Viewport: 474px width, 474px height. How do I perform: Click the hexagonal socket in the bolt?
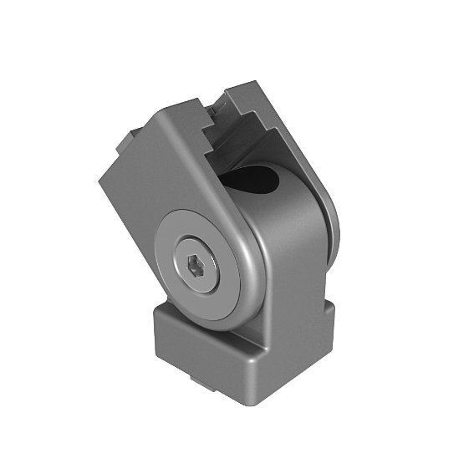195,268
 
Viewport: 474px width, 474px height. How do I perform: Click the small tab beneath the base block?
203,383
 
